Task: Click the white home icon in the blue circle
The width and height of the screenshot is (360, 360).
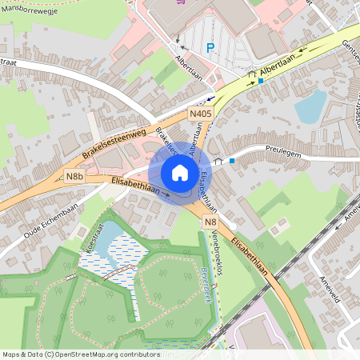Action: (179, 173)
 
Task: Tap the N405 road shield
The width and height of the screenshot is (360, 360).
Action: (200, 115)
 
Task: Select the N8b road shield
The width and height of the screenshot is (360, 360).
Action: (75, 177)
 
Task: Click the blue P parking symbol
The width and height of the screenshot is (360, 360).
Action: (210, 48)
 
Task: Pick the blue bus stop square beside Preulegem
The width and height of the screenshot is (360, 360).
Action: (232, 161)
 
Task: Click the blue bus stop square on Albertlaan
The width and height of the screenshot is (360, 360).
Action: (261, 81)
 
